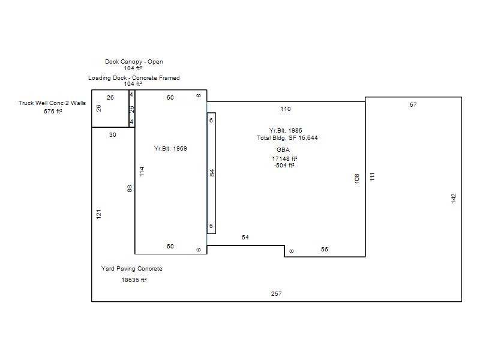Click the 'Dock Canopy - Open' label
[x=134, y=62]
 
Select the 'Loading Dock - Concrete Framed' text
[x=134, y=78]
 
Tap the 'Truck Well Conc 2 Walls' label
[x=52, y=103]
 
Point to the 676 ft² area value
[x=53, y=111]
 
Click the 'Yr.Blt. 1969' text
[x=170, y=148]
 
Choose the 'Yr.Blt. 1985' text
[x=286, y=130]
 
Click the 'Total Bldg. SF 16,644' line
[x=287, y=138]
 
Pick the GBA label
[x=283, y=149]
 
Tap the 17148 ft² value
[x=284, y=158]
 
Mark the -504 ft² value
[x=284, y=166]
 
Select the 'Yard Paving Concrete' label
[x=131, y=268]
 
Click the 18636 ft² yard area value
[x=134, y=280]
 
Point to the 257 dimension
[x=276, y=293]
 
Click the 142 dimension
[x=454, y=198]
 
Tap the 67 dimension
[x=413, y=104]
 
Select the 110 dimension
[x=286, y=109]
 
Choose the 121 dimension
[x=98, y=214]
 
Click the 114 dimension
[x=142, y=172]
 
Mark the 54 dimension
[x=245, y=237]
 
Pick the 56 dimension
[x=325, y=250]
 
